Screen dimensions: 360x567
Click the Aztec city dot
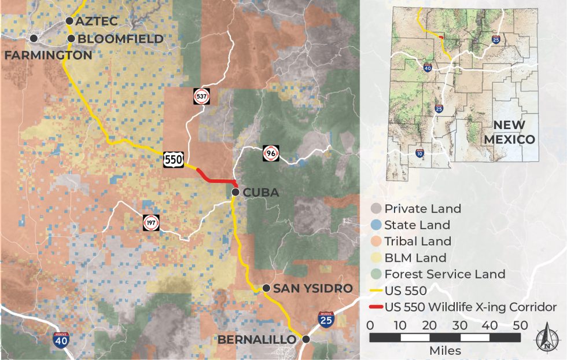tap(69, 21)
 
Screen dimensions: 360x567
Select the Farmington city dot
tap(34, 38)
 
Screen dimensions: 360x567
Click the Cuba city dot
tap(235, 192)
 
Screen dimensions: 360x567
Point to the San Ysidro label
tap(313, 288)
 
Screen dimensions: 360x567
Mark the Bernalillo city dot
tap(305, 339)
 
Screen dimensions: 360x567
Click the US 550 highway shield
tap(174, 160)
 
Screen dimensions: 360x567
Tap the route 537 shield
tap(201, 96)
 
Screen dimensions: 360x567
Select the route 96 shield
tap(270, 152)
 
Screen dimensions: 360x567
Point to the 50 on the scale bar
tap(520, 325)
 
